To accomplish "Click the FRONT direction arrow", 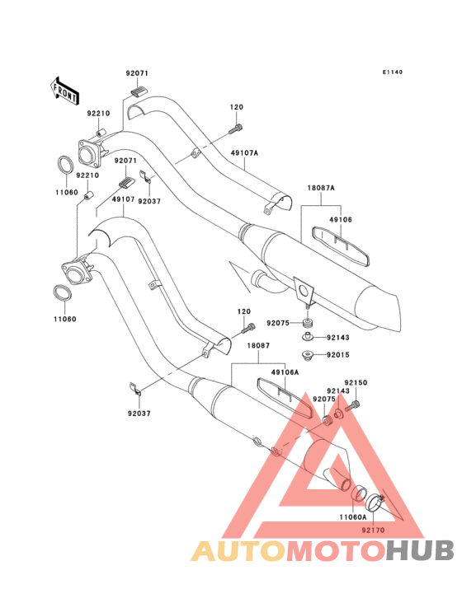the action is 64,91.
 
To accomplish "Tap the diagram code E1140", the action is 393,72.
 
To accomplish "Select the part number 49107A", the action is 244,153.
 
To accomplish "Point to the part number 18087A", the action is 321,188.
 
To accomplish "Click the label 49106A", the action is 285,372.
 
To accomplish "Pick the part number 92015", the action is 338,355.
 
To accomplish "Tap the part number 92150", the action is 356,383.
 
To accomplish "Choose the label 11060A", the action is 353,517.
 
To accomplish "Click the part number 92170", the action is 373,531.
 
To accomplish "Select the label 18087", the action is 258,346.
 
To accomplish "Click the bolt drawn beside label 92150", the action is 352,406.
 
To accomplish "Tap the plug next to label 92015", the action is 307,354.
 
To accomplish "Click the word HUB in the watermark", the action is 421,550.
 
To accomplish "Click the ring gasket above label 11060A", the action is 359,493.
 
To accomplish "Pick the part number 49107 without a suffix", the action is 123,199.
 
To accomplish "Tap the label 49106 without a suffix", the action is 341,220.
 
